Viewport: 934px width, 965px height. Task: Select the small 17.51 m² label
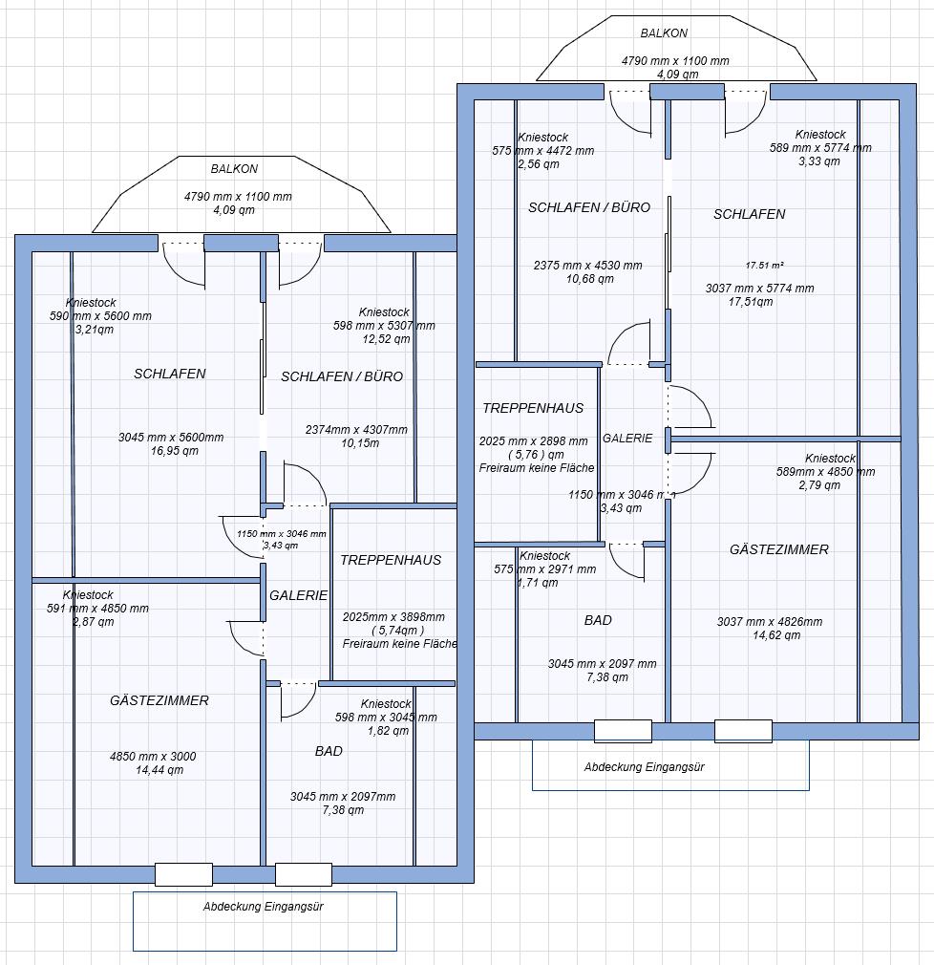(765, 266)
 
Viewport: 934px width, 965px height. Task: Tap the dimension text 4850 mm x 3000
(153, 757)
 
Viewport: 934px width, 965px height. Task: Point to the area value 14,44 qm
(159, 770)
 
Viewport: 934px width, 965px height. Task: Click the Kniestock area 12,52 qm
(386, 339)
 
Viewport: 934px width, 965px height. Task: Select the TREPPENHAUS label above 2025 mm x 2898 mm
(533, 408)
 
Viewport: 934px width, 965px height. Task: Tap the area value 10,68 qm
(590, 279)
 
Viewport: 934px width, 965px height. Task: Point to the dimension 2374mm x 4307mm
(356, 430)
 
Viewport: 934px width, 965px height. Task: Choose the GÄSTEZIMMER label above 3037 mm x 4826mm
(779, 549)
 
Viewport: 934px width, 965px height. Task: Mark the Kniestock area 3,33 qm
(819, 161)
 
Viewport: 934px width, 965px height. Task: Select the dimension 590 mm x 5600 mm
(100, 316)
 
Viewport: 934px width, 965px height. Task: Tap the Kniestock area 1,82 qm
(388, 731)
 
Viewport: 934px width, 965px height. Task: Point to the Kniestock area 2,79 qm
(819, 485)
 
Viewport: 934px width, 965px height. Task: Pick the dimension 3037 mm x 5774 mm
(760, 289)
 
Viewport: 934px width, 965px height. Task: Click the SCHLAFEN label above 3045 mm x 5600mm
(170, 374)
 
